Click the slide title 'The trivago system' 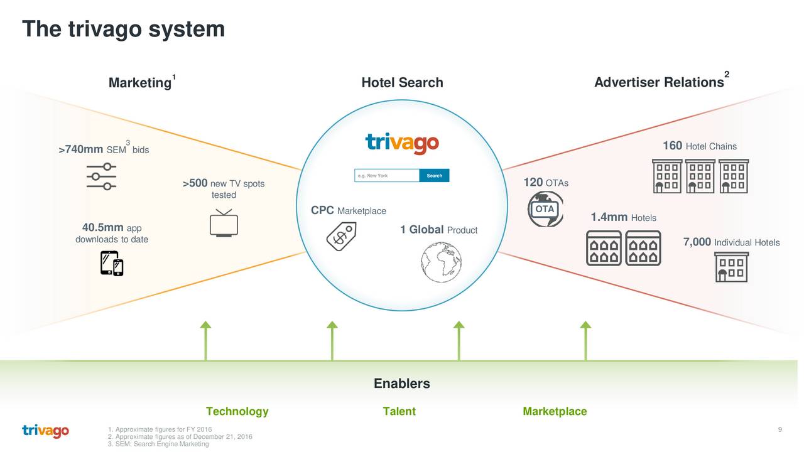[x=123, y=29]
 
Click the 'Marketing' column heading [x=139, y=83]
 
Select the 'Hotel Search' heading [x=402, y=83]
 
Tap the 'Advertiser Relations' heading [x=659, y=83]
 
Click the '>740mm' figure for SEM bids [x=80, y=149]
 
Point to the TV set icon [x=224, y=223]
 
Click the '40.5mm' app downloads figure [x=104, y=227]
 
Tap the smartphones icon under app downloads [x=112, y=263]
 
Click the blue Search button [x=434, y=176]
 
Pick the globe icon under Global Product [x=441, y=262]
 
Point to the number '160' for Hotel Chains [x=673, y=146]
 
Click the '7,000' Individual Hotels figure [x=697, y=242]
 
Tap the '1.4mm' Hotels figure [x=609, y=217]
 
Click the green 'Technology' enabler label [x=237, y=412]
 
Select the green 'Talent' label [x=399, y=412]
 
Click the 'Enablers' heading [x=402, y=384]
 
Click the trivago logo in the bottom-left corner [x=45, y=432]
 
